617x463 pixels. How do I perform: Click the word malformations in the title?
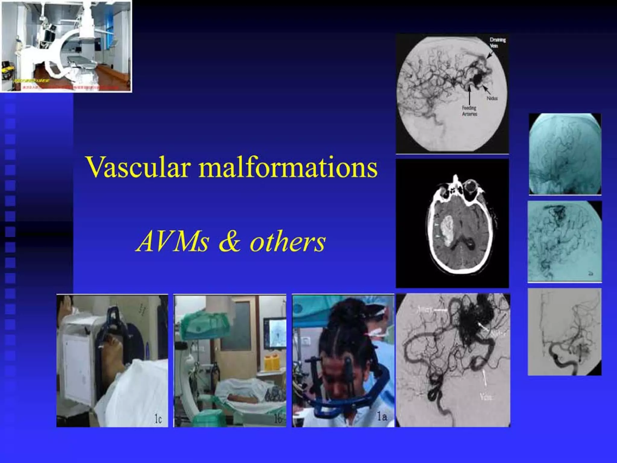point(288,168)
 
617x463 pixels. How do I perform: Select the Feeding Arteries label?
point(469,111)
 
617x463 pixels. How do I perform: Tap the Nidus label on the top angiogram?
point(492,98)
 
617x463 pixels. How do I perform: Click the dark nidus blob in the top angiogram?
point(478,79)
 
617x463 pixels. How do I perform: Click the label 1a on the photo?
point(382,417)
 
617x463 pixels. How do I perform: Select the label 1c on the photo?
point(158,419)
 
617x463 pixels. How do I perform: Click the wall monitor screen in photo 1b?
point(275,333)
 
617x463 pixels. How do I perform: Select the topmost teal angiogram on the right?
point(565,154)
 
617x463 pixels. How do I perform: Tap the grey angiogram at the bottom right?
point(565,332)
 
